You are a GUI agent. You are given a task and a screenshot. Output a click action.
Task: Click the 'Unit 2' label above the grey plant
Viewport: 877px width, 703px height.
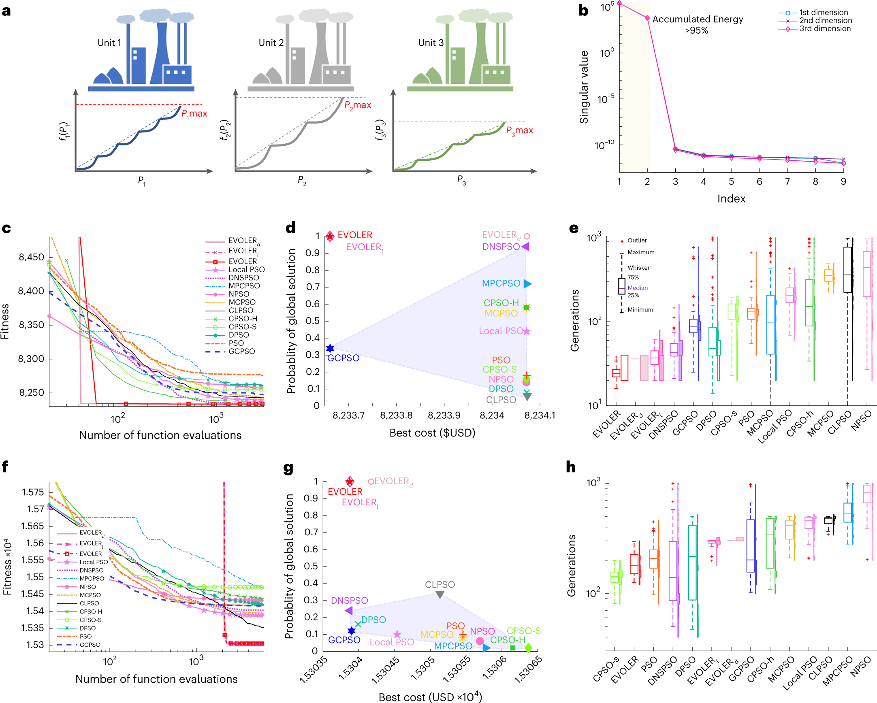271,43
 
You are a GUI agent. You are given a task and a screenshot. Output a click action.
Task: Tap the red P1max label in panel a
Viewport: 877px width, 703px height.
194,114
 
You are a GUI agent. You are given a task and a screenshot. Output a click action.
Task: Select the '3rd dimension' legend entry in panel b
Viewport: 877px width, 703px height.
824,29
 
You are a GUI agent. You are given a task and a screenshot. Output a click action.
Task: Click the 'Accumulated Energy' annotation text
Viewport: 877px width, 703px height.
697,19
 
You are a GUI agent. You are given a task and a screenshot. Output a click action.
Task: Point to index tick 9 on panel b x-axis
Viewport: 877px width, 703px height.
843,182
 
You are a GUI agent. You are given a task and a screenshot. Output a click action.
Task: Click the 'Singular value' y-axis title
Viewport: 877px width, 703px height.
584,87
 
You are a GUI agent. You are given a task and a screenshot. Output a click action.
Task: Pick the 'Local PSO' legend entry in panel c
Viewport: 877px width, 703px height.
246,270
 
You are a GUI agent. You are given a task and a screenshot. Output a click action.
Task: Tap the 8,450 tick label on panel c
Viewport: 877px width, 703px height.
31,258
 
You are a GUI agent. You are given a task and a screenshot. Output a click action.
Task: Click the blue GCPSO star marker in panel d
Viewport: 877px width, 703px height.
330,348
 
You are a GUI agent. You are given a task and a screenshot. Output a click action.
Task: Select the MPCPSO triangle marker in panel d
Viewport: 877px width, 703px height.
527,284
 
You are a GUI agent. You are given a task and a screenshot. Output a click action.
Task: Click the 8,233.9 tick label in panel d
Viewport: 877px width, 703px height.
444,415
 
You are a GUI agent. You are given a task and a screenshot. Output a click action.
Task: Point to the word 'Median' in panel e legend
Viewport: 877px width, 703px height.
638,288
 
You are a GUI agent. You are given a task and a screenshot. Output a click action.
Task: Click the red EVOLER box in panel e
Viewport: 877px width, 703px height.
616,373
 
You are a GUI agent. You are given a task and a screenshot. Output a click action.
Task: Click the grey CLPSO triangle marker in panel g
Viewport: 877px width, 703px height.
440,595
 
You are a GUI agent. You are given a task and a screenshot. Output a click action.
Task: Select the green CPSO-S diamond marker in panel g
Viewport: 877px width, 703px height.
528,648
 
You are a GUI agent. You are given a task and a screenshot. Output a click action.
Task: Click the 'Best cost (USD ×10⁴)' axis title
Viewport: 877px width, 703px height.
430,697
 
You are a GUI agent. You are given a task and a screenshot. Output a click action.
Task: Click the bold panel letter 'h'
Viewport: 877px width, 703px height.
571,467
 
